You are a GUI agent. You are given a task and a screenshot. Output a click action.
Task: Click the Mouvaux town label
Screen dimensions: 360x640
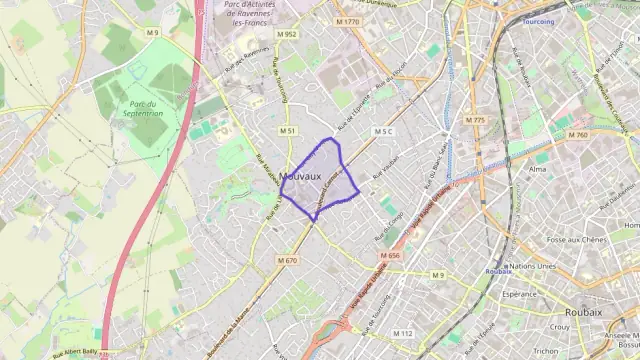[301, 177]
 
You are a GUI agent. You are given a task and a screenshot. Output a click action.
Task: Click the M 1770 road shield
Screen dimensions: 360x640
[347, 21]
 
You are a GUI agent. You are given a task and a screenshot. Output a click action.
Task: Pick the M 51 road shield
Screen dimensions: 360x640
[288, 131]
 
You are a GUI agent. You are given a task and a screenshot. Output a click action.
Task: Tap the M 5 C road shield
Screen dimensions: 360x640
[384, 131]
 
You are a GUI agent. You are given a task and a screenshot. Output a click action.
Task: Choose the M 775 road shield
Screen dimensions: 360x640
[475, 120]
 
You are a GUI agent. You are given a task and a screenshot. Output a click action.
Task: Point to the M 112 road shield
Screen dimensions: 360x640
[403, 333]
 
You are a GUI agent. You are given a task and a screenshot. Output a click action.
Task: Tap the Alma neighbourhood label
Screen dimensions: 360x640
[538, 169]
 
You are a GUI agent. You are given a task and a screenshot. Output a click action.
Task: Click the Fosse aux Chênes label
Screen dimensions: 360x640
[577, 240]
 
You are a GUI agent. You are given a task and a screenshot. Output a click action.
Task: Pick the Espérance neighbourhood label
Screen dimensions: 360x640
[520, 295]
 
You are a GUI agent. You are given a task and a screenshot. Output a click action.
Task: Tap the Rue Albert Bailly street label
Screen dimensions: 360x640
[75, 352]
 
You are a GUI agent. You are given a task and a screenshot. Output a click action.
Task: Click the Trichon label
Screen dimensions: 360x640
[546, 351]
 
